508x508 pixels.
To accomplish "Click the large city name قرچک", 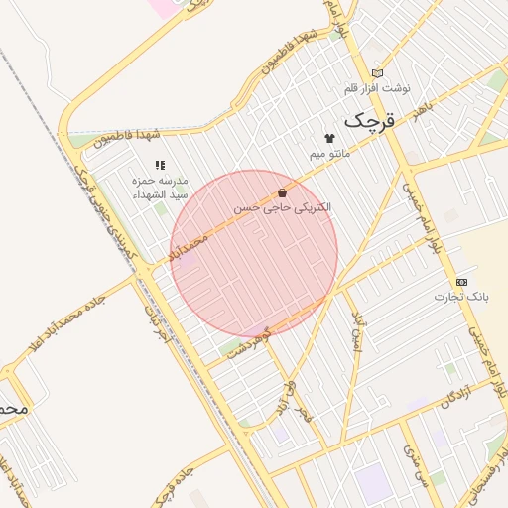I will pyautogui.click(x=369, y=121).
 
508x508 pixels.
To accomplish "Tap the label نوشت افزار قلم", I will pyautogui.click(x=369, y=89).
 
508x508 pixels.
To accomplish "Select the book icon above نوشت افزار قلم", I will pyautogui.click(x=377, y=72).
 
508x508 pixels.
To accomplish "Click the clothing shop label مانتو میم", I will pyautogui.click(x=329, y=155).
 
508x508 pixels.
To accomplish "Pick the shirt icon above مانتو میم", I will pyautogui.click(x=329, y=138).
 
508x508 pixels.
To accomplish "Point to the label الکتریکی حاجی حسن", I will pyautogui.click(x=283, y=209).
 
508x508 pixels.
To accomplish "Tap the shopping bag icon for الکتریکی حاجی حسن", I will pyautogui.click(x=283, y=192).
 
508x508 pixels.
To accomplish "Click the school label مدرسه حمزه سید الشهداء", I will pyautogui.click(x=160, y=189).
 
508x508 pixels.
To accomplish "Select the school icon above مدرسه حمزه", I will pyautogui.click(x=160, y=165).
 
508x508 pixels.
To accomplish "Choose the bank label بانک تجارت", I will pyautogui.click(x=461, y=297).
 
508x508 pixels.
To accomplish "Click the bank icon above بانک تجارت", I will pyautogui.click(x=461, y=281).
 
